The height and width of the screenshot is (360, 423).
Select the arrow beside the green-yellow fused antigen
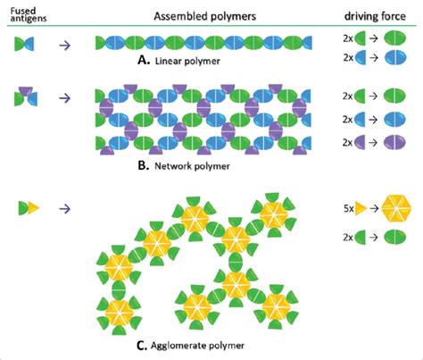click(x=65, y=208)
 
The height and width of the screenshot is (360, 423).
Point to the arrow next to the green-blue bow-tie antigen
click(x=65, y=42)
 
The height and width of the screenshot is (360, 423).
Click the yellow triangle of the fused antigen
click(x=33, y=208)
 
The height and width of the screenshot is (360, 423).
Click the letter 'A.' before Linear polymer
click(x=145, y=63)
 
